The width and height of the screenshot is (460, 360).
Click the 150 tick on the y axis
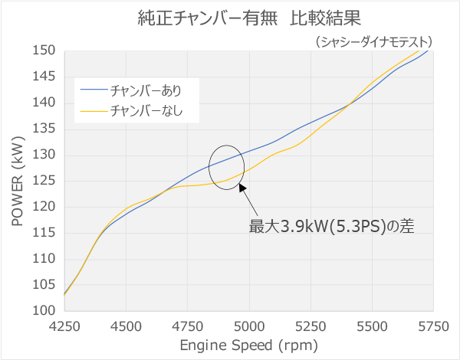tap(45, 51)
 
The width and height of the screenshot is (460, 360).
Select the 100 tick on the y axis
tap(45, 311)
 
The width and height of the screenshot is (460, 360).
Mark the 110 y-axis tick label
tap(45, 259)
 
